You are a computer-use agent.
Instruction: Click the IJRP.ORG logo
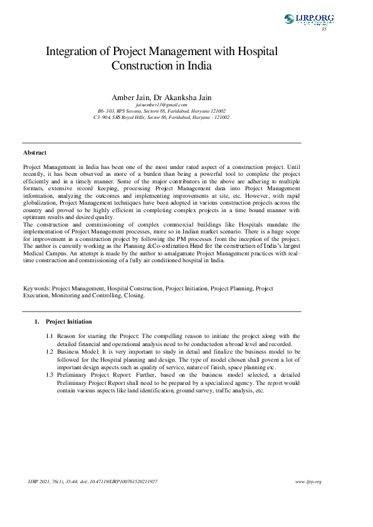point(308,20)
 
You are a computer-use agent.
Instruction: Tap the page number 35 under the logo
point(324,29)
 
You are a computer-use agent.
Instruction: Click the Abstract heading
point(34,152)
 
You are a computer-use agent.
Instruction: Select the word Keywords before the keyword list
point(36,289)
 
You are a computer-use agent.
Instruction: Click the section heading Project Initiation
point(69,322)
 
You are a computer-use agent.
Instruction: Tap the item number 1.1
point(50,336)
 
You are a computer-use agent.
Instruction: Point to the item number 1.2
point(50,352)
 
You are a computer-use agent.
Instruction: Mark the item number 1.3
point(50,374)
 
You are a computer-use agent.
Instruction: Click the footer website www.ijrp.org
point(308,481)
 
